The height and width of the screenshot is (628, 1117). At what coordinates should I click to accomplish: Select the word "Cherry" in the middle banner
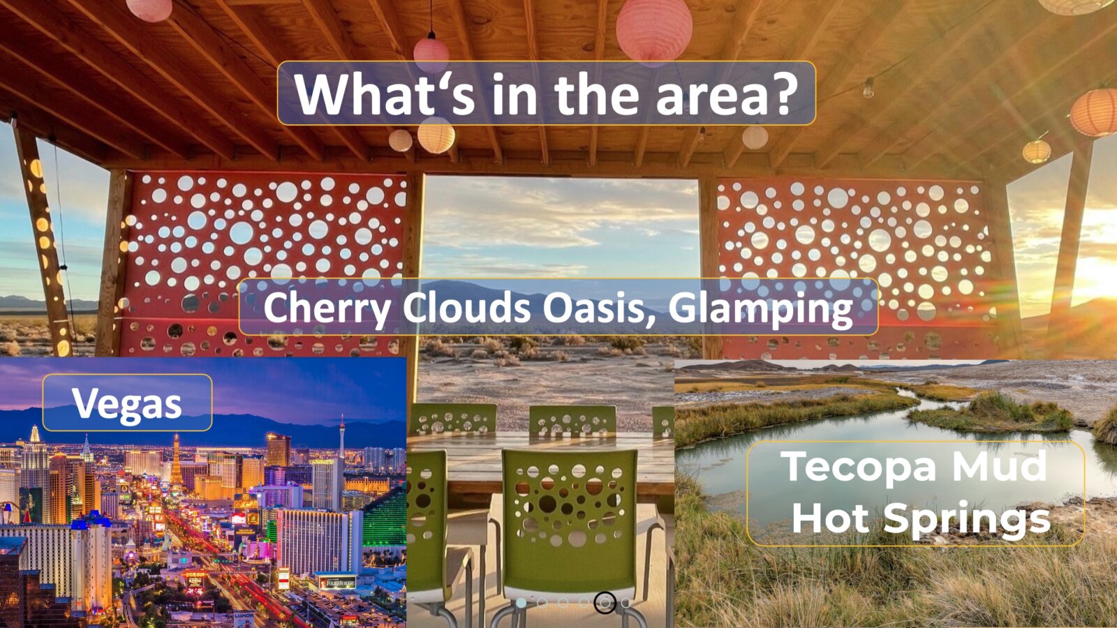(x=327, y=308)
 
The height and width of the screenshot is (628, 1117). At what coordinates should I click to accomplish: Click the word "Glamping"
(x=761, y=308)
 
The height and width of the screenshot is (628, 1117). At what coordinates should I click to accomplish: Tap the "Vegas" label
(x=126, y=403)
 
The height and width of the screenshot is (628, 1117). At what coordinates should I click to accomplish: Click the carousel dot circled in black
(x=605, y=603)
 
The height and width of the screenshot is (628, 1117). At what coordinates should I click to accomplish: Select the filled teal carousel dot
(x=521, y=603)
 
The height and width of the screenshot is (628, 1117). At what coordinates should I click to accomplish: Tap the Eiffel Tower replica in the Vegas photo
(x=176, y=461)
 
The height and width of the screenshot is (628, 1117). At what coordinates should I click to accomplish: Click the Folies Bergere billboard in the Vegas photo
(x=338, y=582)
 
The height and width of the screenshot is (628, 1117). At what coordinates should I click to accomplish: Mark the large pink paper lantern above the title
(x=654, y=30)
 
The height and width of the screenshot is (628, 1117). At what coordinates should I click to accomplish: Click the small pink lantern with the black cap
(x=431, y=54)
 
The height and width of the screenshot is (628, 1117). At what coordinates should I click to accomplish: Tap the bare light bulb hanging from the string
(x=868, y=89)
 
